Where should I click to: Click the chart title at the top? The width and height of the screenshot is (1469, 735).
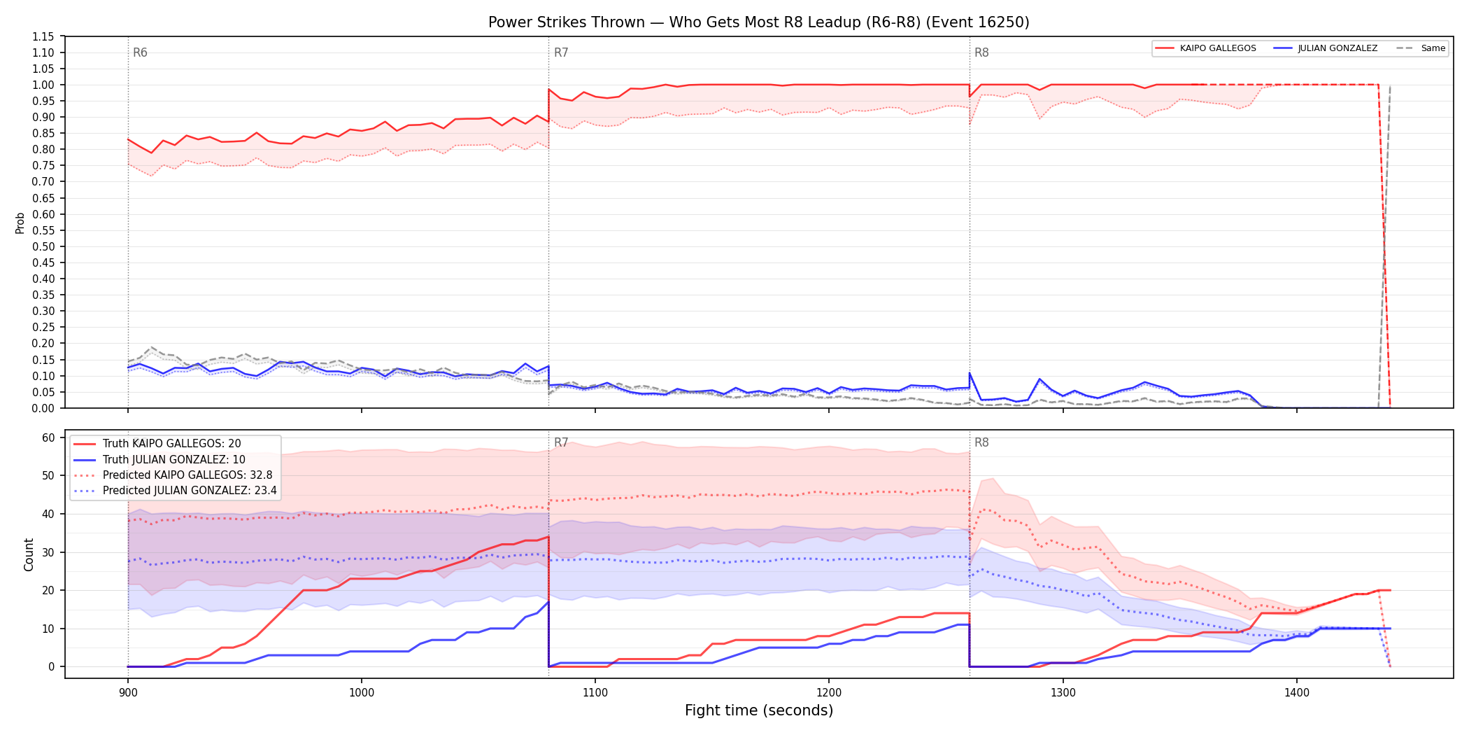(759, 22)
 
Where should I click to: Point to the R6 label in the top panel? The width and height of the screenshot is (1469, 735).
(140, 52)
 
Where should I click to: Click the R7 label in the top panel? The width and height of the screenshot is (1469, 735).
(561, 52)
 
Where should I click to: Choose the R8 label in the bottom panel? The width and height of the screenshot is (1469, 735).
(981, 442)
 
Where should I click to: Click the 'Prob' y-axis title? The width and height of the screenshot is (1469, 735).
(20, 223)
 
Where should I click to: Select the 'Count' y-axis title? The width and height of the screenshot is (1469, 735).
(29, 554)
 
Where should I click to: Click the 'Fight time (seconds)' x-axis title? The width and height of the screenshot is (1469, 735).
(759, 710)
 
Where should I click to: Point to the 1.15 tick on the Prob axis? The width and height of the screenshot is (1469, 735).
(43, 36)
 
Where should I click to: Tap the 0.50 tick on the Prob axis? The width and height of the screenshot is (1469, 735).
(43, 246)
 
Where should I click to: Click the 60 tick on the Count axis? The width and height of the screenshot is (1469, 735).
(48, 437)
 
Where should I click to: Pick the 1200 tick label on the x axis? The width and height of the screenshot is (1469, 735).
(829, 692)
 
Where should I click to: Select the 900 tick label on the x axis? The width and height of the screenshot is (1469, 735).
(128, 692)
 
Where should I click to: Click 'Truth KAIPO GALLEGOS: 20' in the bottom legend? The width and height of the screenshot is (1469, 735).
(171, 444)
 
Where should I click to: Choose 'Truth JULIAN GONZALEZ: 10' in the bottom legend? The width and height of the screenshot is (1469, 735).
(174, 459)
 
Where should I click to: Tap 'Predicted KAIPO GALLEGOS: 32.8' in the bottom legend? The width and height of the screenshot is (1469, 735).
(187, 475)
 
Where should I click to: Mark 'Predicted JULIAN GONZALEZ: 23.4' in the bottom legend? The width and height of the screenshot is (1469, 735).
(190, 490)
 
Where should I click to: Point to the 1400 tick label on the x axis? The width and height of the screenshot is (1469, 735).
(1297, 692)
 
